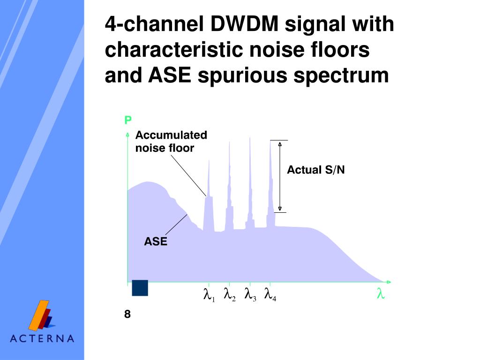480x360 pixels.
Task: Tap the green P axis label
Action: point(127,121)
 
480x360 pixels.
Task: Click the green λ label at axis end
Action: point(381,294)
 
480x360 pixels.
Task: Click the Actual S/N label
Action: point(315,170)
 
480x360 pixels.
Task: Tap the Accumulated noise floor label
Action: point(171,142)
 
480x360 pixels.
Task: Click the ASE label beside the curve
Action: point(155,242)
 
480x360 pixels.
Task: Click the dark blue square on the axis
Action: point(140,288)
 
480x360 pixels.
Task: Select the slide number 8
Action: point(127,314)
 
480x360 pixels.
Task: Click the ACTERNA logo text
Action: point(42,338)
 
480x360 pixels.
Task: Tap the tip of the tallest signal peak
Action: point(250,137)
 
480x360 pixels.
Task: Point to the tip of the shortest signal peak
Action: point(209,160)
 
